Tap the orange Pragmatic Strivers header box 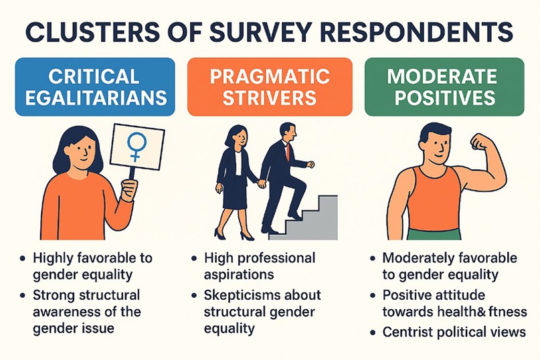270,86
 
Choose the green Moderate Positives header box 444,86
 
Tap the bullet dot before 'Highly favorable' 24,258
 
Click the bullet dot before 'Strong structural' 24,295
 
